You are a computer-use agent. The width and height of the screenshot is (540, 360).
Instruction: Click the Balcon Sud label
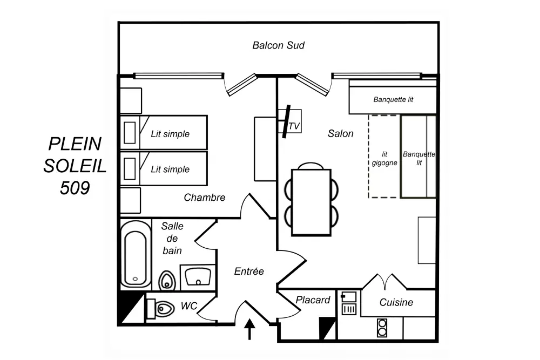(278, 45)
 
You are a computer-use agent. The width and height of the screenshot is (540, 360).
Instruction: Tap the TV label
(294, 126)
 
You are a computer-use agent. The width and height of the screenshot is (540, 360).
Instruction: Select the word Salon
(341, 133)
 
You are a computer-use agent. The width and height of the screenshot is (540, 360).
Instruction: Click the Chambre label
(204, 198)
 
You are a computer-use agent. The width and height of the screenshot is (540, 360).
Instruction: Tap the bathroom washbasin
(197, 276)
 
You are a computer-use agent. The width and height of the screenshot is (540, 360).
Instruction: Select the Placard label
(313, 300)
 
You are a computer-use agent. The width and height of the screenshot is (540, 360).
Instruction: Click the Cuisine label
(396, 302)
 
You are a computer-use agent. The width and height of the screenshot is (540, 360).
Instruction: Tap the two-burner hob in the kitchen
(382, 328)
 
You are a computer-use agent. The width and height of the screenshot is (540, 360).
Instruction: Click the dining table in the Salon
(311, 202)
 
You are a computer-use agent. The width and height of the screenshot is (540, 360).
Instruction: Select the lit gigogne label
(384, 159)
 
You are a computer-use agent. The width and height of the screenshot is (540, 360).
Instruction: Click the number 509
(75, 187)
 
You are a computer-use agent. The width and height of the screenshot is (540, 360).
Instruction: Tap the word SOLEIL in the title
(75, 166)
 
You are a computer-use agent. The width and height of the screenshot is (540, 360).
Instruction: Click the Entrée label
(249, 271)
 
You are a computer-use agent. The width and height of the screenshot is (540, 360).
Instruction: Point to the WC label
(188, 306)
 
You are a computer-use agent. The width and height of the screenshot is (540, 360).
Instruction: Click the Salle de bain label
(172, 238)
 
